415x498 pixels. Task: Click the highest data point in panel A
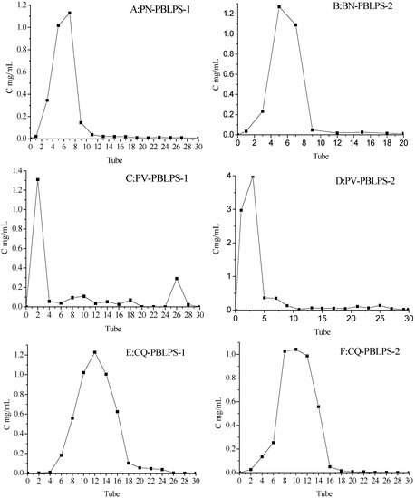coord(70,14)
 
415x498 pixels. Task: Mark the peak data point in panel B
coord(279,7)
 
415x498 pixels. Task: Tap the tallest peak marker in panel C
coord(38,179)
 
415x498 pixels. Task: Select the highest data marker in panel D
coord(252,177)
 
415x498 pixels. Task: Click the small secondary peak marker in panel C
coord(177,279)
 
